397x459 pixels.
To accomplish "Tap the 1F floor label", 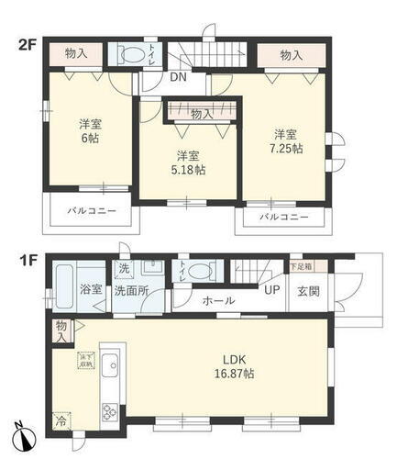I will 26,260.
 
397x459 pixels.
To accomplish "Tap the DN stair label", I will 179,77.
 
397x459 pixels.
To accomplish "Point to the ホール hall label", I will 218,300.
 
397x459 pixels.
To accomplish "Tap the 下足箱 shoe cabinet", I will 301,267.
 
